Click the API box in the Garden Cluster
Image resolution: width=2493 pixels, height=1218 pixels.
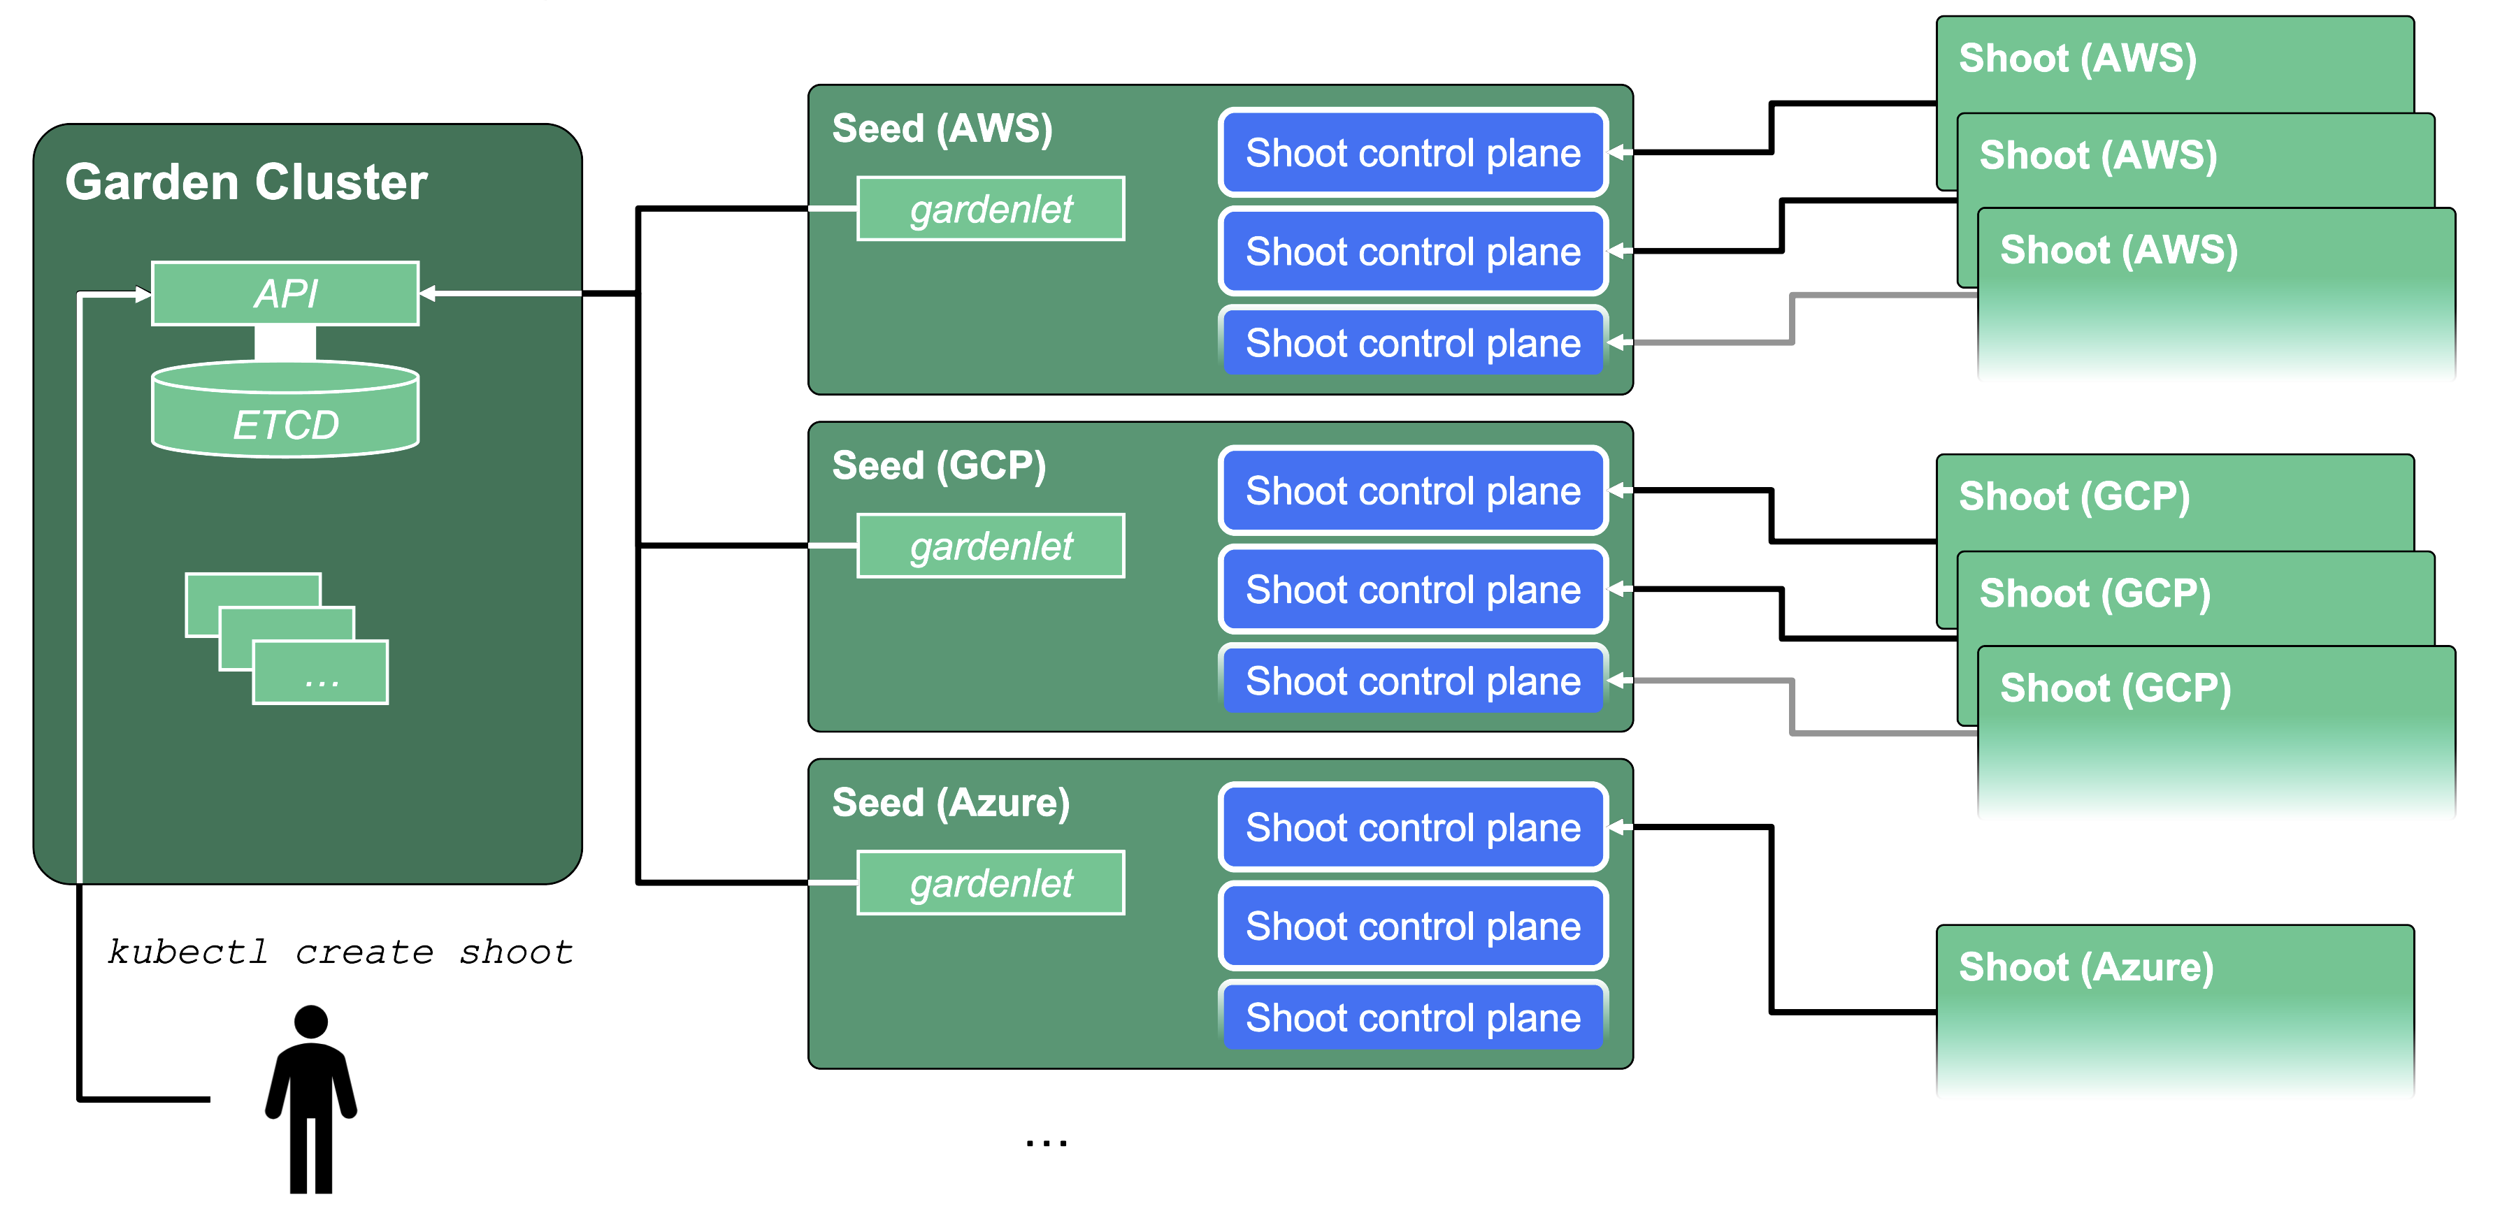pyautogui.click(x=285, y=293)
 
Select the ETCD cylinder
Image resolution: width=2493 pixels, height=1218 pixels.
pyautogui.click(x=285, y=411)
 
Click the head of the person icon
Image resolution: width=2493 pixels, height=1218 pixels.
pyautogui.click(x=310, y=1022)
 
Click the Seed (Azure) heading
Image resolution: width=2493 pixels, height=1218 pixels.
pyautogui.click(x=950, y=802)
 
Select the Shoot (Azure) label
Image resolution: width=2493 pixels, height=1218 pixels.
pyautogui.click(x=2085, y=966)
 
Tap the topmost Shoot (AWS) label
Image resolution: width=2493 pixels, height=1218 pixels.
pyautogui.click(x=2077, y=58)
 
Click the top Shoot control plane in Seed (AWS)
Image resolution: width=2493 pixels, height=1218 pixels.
pyautogui.click(x=1412, y=153)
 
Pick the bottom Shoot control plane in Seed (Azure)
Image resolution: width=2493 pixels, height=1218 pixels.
pyautogui.click(x=1412, y=1017)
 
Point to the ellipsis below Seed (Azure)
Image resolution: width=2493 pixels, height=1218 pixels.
pyautogui.click(x=1046, y=1143)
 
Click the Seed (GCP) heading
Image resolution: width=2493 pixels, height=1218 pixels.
pyautogui.click(x=939, y=465)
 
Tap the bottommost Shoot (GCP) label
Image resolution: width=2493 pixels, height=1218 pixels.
pyautogui.click(x=2115, y=688)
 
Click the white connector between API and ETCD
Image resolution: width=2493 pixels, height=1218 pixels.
pyautogui.click(x=285, y=343)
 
